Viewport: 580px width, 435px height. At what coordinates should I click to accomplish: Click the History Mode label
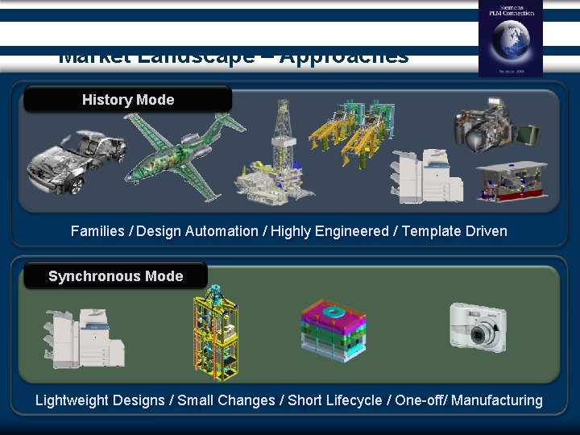(x=127, y=100)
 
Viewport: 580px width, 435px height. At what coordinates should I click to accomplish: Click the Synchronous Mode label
(x=115, y=276)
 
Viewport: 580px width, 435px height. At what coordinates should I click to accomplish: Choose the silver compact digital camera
(x=478, y=326)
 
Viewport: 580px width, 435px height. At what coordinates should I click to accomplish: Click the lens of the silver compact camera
(x=483, y=334)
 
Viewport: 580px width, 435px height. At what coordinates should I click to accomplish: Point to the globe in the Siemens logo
(x=511, y=40)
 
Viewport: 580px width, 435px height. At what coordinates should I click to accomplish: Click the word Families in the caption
(x=97, y=231)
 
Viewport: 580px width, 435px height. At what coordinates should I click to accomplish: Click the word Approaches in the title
(x=344, y=59)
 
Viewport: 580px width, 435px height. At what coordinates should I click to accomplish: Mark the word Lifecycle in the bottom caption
(x=353, y=400)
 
